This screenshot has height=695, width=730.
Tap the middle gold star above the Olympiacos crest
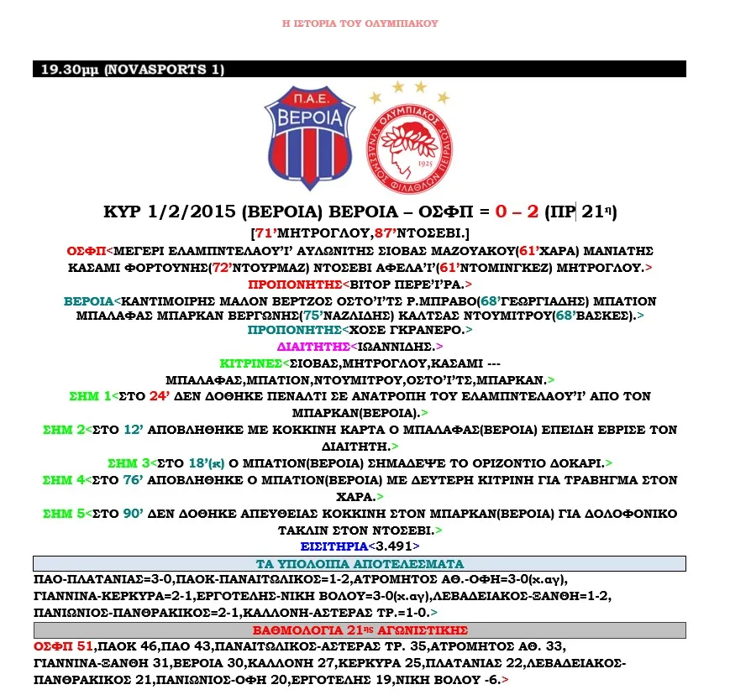click(x=398, y=86)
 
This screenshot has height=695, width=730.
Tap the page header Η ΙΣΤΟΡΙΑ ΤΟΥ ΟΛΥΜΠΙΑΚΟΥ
click(x=360, y=24)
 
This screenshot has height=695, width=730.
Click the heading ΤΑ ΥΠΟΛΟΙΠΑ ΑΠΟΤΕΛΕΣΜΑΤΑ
click(x=359, y=563)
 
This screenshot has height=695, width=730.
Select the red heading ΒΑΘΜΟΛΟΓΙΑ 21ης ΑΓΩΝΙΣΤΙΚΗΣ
click(x=360, y=630)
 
